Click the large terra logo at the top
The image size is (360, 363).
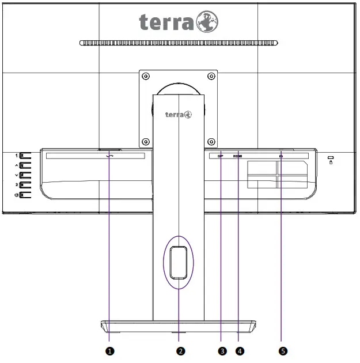tap(179, 22)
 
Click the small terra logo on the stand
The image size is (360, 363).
tap(179, 114)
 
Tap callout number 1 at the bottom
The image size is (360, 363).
tap(109, 350)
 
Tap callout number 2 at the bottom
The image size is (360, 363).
tap(180, 350)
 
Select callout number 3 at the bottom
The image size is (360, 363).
tap(221, 350)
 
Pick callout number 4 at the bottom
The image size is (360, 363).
tap(238, 350)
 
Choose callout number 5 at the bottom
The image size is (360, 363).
tap(282, 350)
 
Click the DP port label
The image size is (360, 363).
tap(220, 156)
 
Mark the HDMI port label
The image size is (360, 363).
tap(238, 156)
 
